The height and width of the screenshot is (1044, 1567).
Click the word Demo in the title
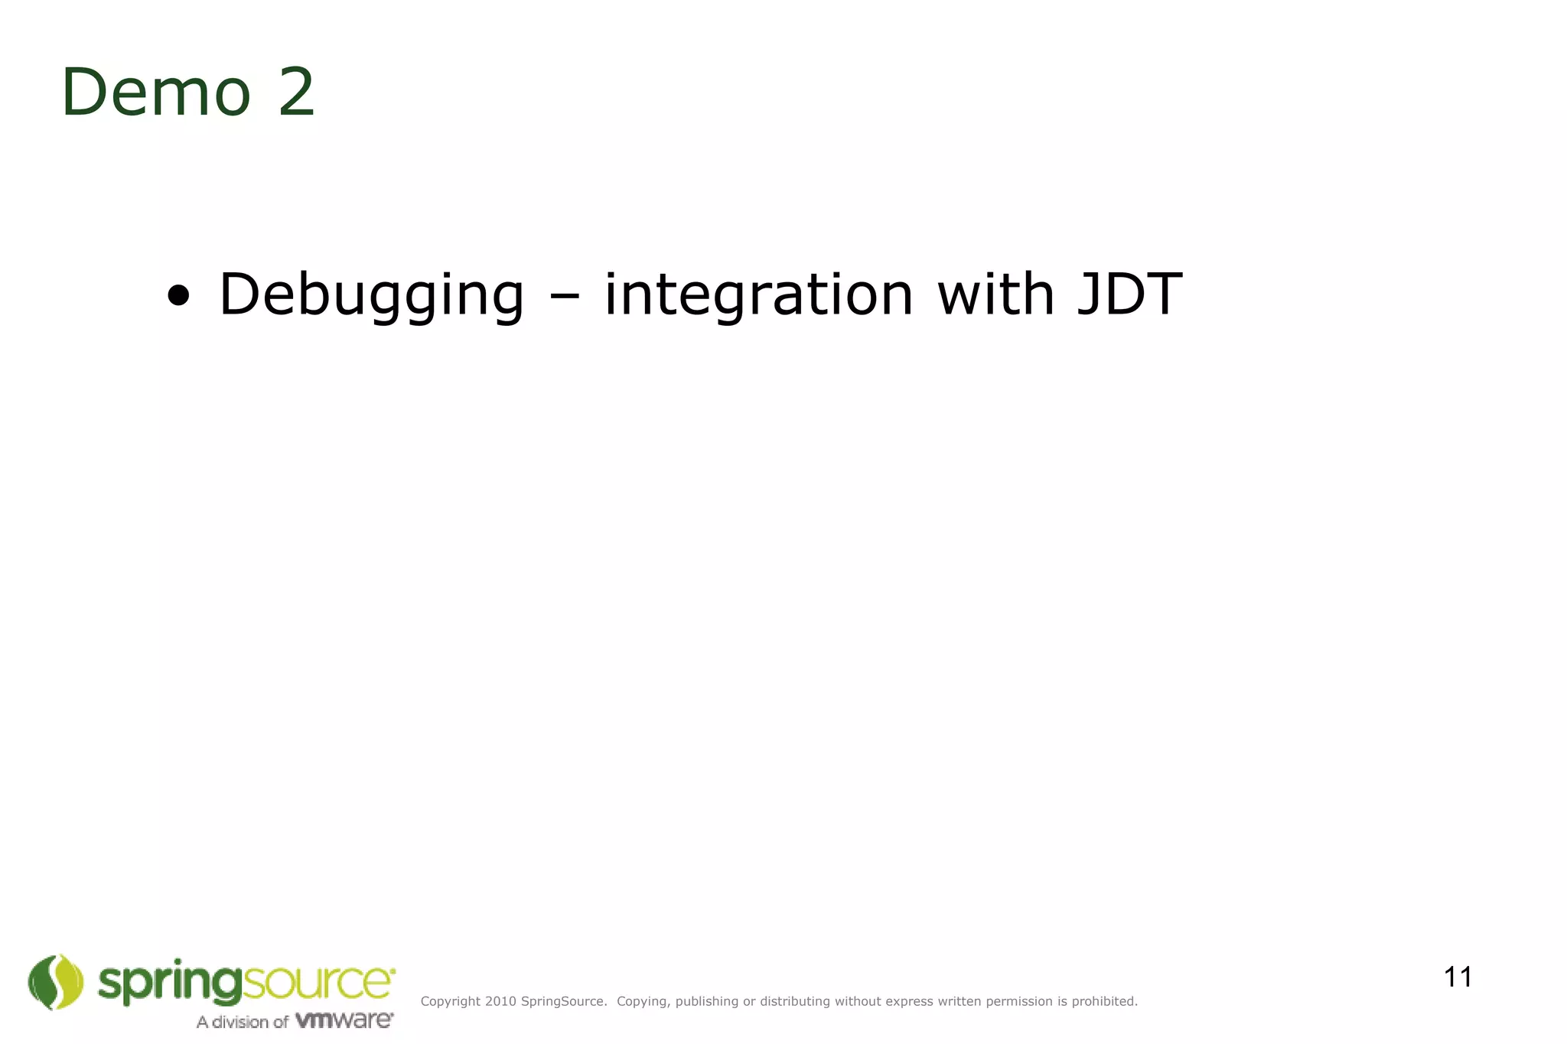coord(156,93)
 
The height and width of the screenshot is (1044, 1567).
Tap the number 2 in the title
coord(296,93)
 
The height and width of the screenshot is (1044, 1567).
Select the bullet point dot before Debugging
coord(178,295)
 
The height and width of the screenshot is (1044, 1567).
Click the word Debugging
coord(371,295)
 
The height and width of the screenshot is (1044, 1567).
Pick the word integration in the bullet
coord(758,295)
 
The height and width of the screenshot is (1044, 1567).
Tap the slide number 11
coord(1458,977)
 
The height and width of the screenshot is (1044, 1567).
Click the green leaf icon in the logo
coord(56,982)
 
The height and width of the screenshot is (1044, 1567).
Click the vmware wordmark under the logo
coord(344,1020)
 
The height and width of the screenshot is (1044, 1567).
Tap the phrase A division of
coord(242,1022)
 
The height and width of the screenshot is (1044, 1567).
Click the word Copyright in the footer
coord(451,1001)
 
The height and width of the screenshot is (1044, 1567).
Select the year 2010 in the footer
coord(500,1001)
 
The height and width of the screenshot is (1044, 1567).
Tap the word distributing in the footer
coord(795,1001)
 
